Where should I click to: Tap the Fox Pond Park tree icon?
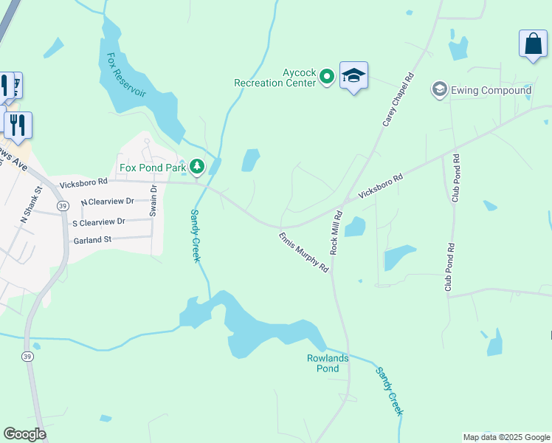[x=196, y=168]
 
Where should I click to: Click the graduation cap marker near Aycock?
[x=353, y=75]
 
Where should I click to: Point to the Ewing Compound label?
[x=491, y=90]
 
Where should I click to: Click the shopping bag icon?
[x=533, y=44]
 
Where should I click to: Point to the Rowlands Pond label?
[x=328, y=363]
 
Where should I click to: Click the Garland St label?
[x=92, y=240]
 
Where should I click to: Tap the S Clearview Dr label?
[x=98, y=221]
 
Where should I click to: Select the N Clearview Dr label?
[x=107, y=201]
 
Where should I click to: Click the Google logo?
[x=24, y=434]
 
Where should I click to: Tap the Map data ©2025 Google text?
[x=506, y=437]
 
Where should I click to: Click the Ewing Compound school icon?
[x=440, y=90]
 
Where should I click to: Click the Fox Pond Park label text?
[x=153, y=168]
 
